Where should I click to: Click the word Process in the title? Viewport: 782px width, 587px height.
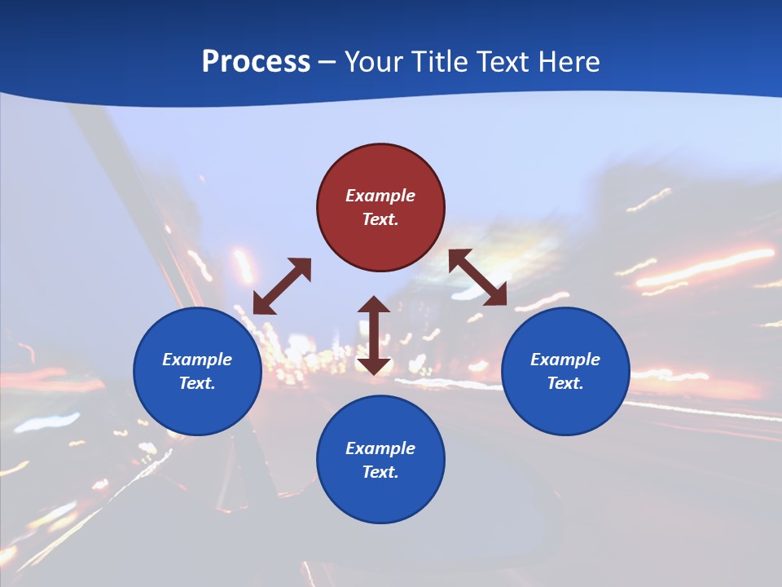pos(256,62)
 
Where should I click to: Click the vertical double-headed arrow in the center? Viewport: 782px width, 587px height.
pos(374,335)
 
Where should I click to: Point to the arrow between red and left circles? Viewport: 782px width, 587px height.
pos(282,286)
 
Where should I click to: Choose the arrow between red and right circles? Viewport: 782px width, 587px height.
pos(478,278)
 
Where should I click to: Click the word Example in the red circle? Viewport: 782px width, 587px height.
pos(380,196)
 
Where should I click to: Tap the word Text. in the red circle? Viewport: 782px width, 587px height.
pos(380,219)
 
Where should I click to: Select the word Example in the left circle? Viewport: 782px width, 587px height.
pos(197,360)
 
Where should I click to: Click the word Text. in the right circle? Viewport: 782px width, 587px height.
pos(565,383)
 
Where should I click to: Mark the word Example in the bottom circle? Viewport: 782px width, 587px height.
pos(380,448)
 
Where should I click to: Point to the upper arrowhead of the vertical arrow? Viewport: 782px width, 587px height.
pos(374,305)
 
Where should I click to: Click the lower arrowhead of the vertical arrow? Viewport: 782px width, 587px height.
pos(374,365)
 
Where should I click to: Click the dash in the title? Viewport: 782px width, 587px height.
pos(327,63)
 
